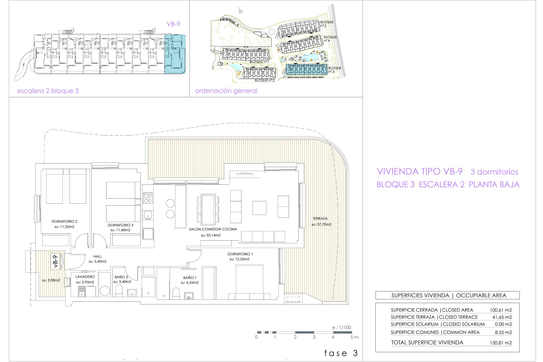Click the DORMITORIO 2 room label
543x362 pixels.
click(64, 221)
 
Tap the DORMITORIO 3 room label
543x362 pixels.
click(120, 225)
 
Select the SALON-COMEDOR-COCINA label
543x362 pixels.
click(213, 229)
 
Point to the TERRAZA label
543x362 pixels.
click(320, 219)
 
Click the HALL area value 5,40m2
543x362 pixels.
click(98, 262)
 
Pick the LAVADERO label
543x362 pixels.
click(85, 277)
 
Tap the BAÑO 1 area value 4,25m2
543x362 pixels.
click(190, 283)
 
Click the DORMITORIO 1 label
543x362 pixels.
click(240, 254)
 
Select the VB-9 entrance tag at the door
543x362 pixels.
click(56, 261)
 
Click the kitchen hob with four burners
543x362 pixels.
click(148, 198)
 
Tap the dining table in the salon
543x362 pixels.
click(208, 208)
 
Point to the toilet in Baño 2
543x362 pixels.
click(119, 291)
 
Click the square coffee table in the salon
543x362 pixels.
click(259, 208)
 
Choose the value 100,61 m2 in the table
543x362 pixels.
click(501, 310)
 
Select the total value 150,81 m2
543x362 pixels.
click(501, 343)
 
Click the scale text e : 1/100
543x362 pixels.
click(342, 327)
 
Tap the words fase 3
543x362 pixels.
click(341, 353)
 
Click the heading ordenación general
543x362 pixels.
click(226, 91)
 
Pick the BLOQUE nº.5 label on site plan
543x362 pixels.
click(327, 24)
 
